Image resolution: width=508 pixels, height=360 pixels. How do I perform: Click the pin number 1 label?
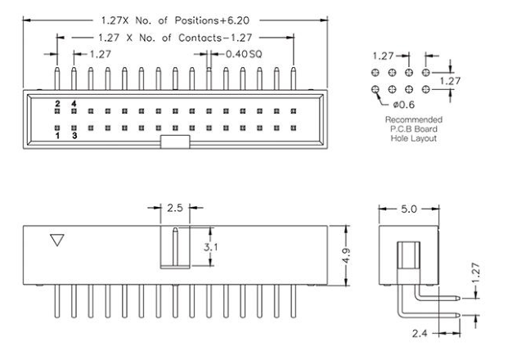click(57, 136)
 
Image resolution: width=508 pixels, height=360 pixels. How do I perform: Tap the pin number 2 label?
click(57, 104)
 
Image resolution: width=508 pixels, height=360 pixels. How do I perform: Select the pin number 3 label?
click(74, 136)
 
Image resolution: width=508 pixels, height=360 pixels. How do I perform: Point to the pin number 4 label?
click(74, 104)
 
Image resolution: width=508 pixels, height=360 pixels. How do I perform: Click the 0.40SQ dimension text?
click(240, 54)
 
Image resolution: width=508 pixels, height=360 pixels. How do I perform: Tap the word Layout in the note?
click(417, 137)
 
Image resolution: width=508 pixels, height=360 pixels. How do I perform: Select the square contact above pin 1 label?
click(57, 128)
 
